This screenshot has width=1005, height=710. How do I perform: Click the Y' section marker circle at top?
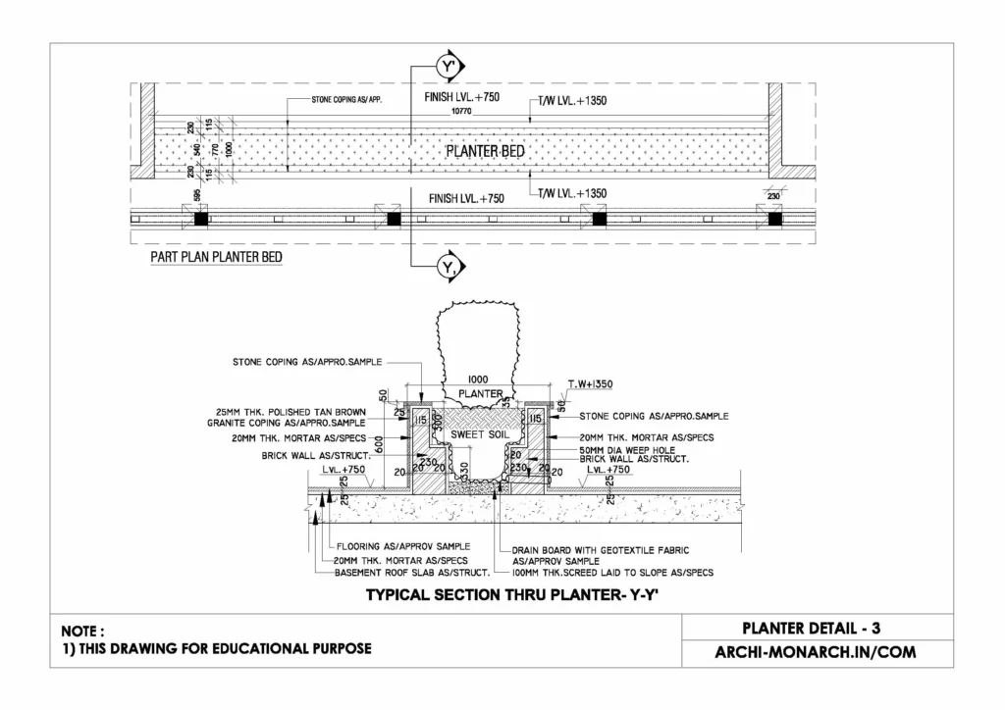pyautogui.click(x=450, y=67)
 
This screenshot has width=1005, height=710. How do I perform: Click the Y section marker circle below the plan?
pyautogui.click(x=450, y=266)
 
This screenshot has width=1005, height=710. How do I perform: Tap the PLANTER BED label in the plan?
pyautogui.click(x=485, y=152)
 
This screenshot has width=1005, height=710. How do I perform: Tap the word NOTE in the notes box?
pyautogui.click(x=82, y=632)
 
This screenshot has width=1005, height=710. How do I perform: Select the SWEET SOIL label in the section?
pyautogui.click(x=476, y=432)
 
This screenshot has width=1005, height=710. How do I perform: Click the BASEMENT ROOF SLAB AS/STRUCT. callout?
pyautogui.click(x=405, y=572)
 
